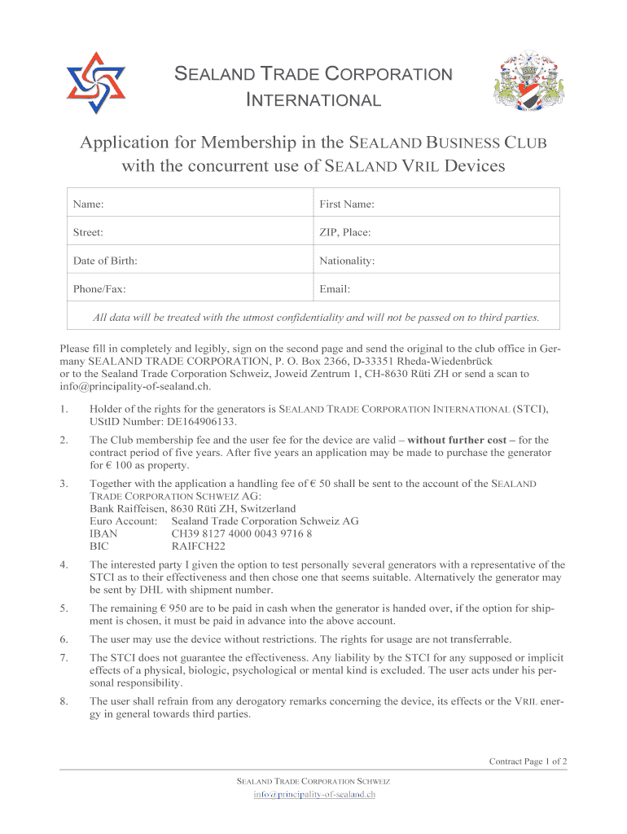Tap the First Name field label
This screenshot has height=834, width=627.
tap(347, 204)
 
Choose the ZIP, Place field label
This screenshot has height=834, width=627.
tap(345, 232)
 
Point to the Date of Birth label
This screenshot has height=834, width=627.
tap(105, 261)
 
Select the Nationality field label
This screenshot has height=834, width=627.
tap(347, 261)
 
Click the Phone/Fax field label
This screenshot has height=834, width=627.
tap(99, 288)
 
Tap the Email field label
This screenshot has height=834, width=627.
tap(335, 288)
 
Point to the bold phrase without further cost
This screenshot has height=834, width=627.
tap(462, 440)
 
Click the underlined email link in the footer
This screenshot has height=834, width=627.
tap(313, 794)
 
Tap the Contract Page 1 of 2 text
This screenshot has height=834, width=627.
tap(528, 762)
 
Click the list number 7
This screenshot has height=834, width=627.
tap(64, 657)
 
